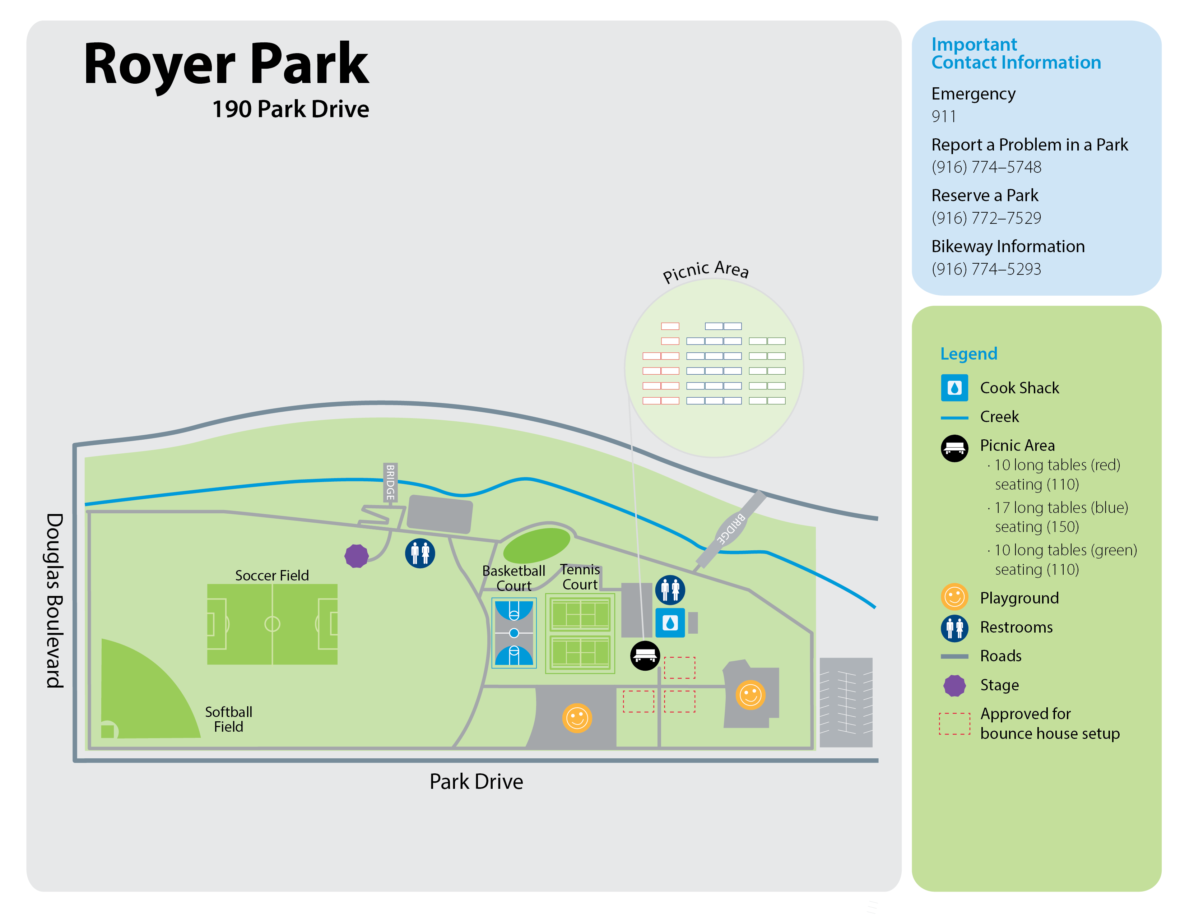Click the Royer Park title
click(226, 65)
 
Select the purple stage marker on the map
click(357, 556)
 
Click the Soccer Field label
click(272, 575)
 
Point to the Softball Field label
click(228, 719)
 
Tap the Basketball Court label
click(514, 578)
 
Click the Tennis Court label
click(580, 577)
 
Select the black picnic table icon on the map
click(645, 656)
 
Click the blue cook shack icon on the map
click(670, 623)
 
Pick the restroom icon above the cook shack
click(670, 590)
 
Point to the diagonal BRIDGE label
click(731, 528)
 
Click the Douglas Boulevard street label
click(55, 600)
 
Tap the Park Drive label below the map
click(477, 781)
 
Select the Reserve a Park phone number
click(986, 218)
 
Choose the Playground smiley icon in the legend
click(954, 597)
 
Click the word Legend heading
click(968, 354)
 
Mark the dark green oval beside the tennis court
click(536, 545)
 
